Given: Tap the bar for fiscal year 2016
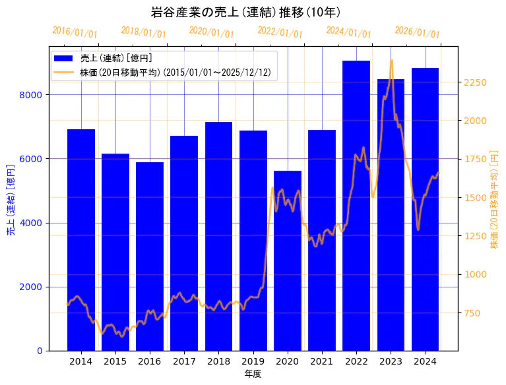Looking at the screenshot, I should [x=150, y=256].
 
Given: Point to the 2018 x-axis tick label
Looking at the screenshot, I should [x=218, y=361].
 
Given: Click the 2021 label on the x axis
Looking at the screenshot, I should [x=322, y=361].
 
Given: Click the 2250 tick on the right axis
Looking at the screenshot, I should [x=475, y=82].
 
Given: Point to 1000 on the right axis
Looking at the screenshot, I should [x=475, y=274].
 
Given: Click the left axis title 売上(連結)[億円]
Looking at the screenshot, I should [x=10, y=199].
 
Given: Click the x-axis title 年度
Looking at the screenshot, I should [x=253, y=374].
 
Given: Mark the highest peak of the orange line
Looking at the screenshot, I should [x=391, y=60].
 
